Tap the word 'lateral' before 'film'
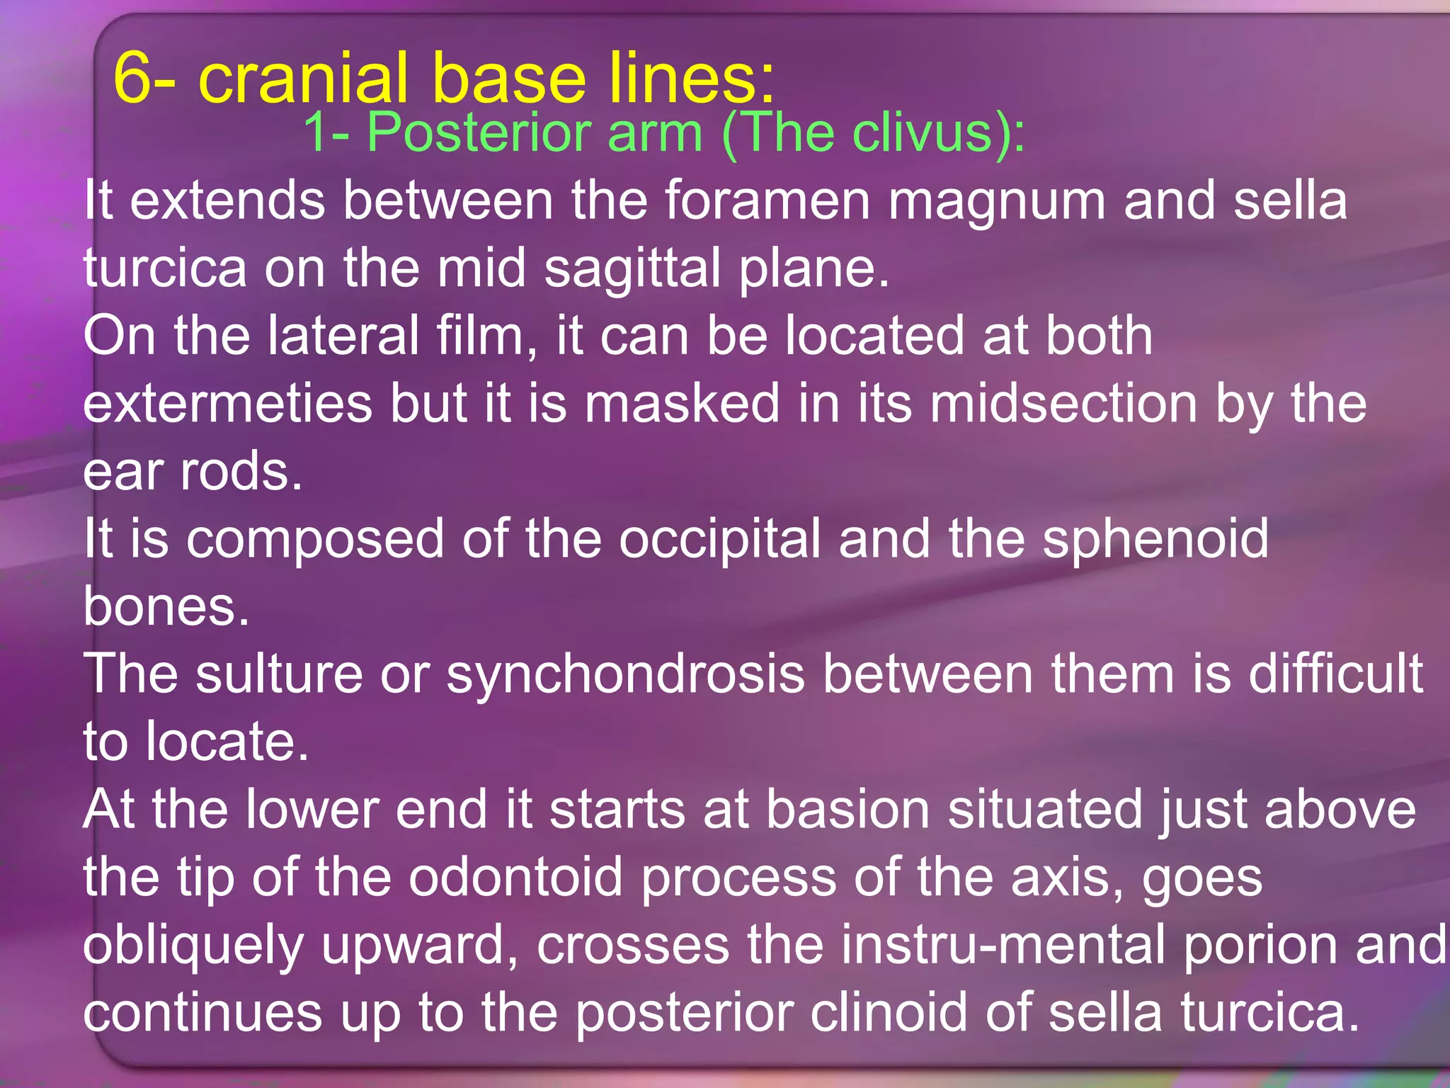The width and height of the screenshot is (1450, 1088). pos(343,335)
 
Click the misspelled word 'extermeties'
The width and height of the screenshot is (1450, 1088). pos(227,403)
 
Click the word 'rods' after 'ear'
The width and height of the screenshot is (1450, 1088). pos(241,471)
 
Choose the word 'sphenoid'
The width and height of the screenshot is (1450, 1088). pos(1155,539)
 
